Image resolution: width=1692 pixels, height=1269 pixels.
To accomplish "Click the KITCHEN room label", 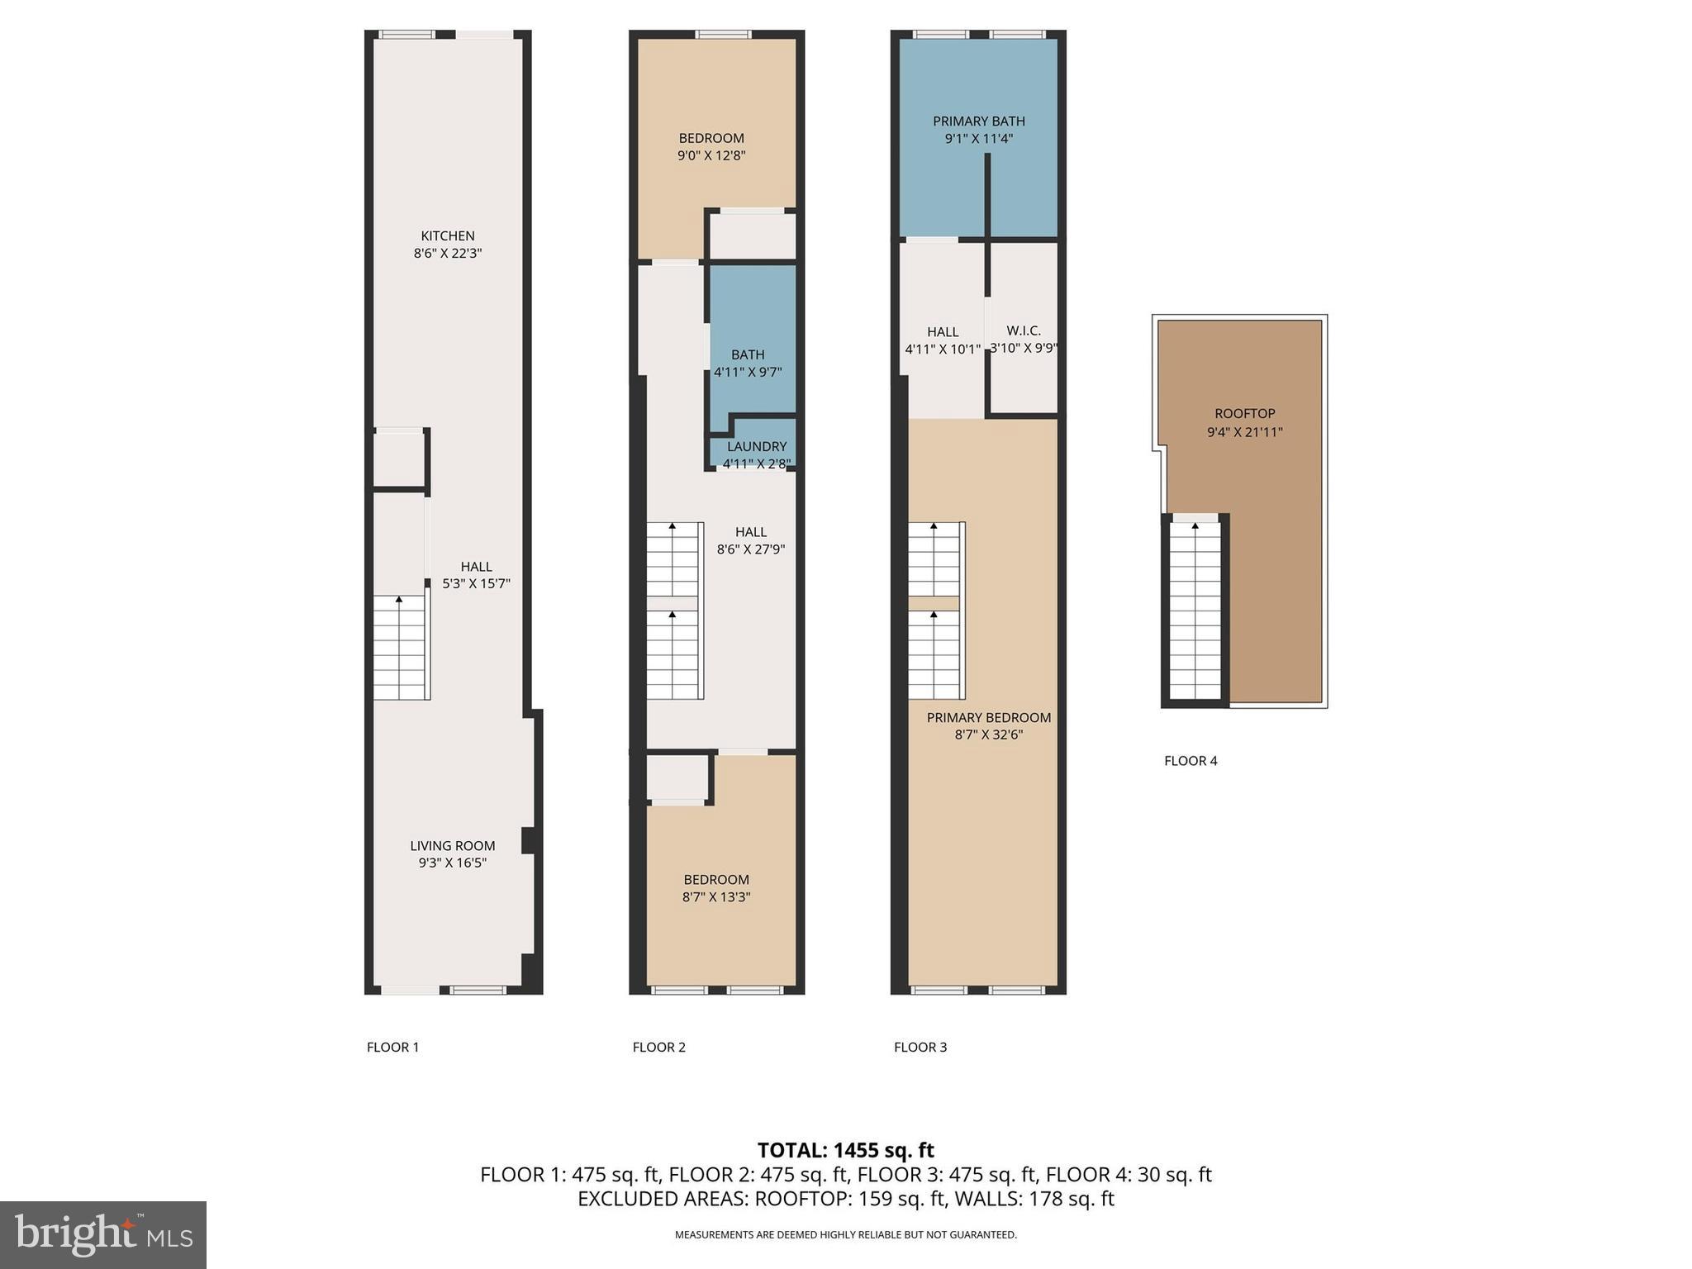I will coord(448,236).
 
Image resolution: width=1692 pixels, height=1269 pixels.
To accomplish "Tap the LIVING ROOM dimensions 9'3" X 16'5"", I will coord(452,863).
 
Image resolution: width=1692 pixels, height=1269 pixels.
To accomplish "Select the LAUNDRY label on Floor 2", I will coord(757,447).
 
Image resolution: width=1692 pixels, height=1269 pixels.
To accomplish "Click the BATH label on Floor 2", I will coord(748,355).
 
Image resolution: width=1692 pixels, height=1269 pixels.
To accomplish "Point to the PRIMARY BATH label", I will coord(979,121).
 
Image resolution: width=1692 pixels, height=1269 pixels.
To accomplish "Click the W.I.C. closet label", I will coord(1024,330).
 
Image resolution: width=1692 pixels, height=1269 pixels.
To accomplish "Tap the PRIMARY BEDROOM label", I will coord(989,718).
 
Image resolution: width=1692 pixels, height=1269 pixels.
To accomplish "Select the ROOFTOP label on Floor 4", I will coord(1244,414).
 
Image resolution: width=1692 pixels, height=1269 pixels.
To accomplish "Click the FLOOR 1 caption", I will coord(393,1048).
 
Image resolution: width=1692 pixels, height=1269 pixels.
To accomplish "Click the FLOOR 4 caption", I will coord(1191,761).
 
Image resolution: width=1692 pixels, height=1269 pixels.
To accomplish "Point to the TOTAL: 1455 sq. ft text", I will coord(845,1150).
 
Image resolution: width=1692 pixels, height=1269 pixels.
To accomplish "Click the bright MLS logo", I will coord(103,1234).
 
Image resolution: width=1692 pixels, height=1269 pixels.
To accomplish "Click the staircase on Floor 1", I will coord(400,648).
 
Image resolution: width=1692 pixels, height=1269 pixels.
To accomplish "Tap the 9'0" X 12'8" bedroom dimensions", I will coord(711,155).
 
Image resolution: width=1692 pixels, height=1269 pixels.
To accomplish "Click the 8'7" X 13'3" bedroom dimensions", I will coord(716,897).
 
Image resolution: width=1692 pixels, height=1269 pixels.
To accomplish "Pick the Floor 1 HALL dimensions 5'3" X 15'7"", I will coord(476,584).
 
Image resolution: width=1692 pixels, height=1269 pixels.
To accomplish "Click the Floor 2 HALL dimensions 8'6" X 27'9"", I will coord(750,549).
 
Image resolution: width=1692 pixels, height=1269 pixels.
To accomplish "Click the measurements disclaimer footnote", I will coord(845,1235).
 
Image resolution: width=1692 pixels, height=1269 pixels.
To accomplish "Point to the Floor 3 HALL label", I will coord(943,332).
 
